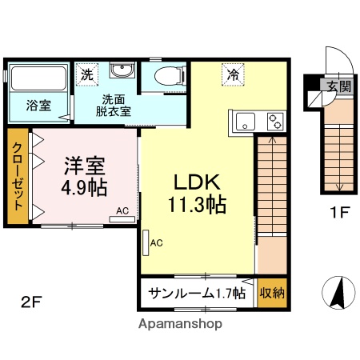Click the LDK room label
coord(196,192)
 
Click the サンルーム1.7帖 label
coord(196,293)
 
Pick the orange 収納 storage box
coord(272,293)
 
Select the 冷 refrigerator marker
coord(234,75)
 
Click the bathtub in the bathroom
coord(37,79)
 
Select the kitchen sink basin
coord(245,122)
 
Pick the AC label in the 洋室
coord(122,211)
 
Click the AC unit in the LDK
coord(147,242)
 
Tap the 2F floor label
coord(31,302)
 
